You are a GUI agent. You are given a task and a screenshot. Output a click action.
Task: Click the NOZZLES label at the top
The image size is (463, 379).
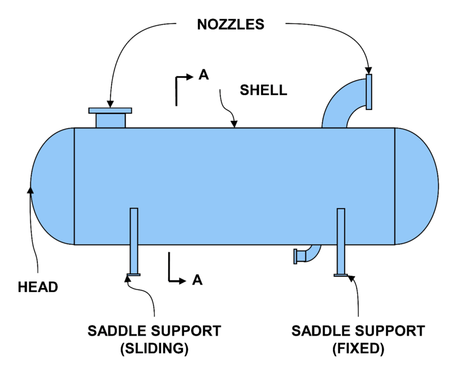[x=231, y=24]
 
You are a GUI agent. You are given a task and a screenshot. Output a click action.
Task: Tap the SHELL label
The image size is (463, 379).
[x=263, y=90]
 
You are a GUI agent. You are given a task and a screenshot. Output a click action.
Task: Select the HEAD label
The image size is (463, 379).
[x=38, y=287]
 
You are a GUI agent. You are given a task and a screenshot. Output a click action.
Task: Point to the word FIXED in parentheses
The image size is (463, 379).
[x=358, y=349]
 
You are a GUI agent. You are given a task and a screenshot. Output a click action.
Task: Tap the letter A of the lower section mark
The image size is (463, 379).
[x=197, y=281]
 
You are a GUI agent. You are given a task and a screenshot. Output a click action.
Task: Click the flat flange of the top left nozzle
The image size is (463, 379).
[x=110, y=110]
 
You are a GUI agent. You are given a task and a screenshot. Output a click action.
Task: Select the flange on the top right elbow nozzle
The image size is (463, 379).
[x=369, y=92]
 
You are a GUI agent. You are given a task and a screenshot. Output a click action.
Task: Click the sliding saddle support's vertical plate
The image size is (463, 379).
[x=134, y=240]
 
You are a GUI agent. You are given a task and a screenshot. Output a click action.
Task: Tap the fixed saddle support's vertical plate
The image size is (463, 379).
[x=341, y=240]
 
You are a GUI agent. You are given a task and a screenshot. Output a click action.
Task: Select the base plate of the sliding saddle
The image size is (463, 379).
[x=134, y=274]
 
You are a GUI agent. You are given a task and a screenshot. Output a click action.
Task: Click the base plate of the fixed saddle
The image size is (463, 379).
[x=341, y=275]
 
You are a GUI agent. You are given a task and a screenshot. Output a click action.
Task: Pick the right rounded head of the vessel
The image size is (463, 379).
[x=416, y=186]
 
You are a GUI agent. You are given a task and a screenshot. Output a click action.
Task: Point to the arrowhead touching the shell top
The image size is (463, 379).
[x=234, y=125]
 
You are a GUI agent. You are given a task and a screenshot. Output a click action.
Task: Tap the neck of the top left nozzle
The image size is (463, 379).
[x=110, y=120]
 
